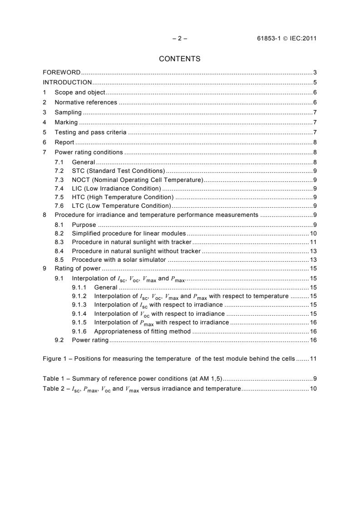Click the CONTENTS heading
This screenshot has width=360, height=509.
[180, 59]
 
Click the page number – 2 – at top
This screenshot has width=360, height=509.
[180, 39]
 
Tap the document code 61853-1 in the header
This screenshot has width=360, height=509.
[269, 39]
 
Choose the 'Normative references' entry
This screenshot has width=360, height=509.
[86, 103]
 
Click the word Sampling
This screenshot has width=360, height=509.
[68, 113]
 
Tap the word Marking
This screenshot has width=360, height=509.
[66, 122]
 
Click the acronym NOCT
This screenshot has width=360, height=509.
[81, 180]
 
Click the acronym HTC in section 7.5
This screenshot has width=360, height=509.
[79, 197]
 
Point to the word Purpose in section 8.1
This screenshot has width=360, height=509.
[84, 225]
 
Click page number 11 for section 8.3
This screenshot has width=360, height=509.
[313, 242]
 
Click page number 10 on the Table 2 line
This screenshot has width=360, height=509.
[313, 389]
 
